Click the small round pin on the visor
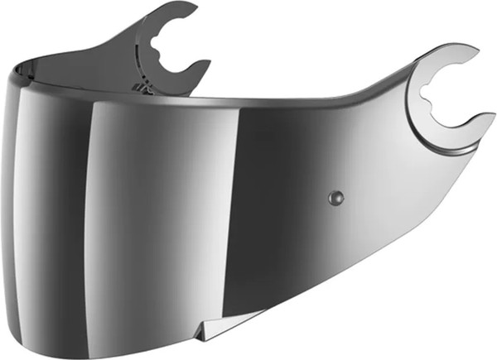coord(335,197)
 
